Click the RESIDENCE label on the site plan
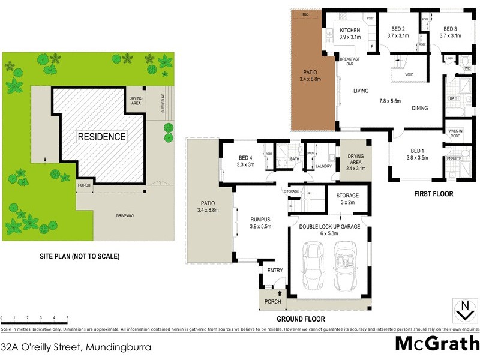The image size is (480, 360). pyautogui.click(x=101, y=137)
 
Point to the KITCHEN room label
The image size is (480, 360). pyautogui.click(x=350, y=31)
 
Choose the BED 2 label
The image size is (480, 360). pyautogui.click(x=398, y=29)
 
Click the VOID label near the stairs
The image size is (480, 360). pyautogui.click(x=409, y=75)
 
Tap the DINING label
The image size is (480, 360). pyautogui.click(x=419, y=108)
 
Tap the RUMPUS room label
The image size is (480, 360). pyautogui.click(x=260, y=220)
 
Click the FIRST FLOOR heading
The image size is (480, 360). pyautogui.click(x=433, y=194)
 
